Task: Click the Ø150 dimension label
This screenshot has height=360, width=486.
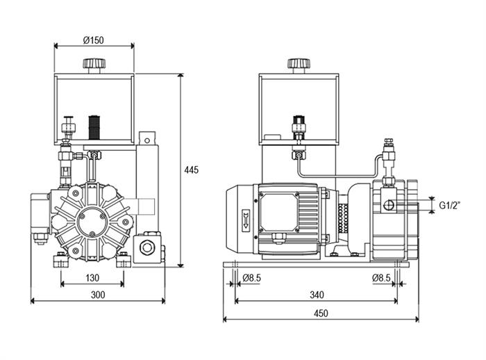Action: click(x=93, y=40)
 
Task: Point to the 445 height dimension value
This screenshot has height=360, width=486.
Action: click(x=191, y=170)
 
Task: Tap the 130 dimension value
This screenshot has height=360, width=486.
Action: click(x=92, y=277)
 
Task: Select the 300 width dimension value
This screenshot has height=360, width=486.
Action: click(x=98, y=295)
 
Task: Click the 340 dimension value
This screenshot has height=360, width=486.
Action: click(x=317, y=295)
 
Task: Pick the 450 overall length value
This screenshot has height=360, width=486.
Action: click(x=321, y=313)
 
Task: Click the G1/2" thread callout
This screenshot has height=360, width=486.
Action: click(x=450, y=205)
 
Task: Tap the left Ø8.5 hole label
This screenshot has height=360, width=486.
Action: click(x=251, y=278)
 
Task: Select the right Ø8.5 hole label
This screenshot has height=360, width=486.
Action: click(x=381, y=278)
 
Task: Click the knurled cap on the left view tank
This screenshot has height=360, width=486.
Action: click(x=94, y=64)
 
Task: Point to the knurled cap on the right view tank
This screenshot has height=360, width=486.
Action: click(x=299, y=64)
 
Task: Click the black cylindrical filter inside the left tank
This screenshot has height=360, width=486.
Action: click(x=94, y=128)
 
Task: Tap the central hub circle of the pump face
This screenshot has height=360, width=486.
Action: click(x=92, y=220)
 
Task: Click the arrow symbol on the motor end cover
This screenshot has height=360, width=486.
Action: click(x=246, y=219)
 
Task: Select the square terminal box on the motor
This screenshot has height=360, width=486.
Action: click(x=278, y=212)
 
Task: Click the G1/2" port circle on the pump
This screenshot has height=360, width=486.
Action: click(x=389, y=205)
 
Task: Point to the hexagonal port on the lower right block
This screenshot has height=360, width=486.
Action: click(x=146, y=247)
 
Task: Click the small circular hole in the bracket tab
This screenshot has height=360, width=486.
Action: click(x=147, y=140)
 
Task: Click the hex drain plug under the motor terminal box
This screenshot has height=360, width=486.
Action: click(x=278, y=238)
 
